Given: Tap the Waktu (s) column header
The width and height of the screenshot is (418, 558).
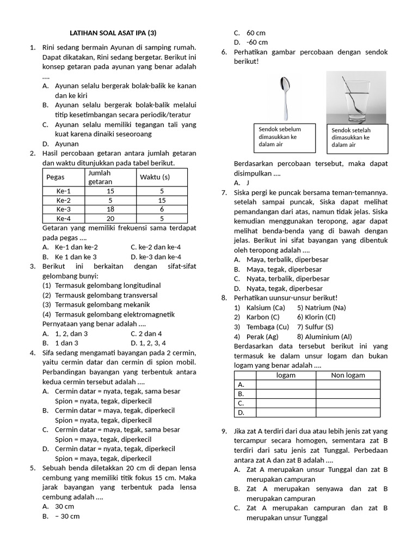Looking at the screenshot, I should point(155,177).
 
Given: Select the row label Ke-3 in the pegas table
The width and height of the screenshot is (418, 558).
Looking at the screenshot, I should point(63,209).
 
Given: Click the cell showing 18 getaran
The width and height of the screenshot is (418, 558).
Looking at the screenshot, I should point(110,209).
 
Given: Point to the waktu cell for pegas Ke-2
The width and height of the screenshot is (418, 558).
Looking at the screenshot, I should point(162,200).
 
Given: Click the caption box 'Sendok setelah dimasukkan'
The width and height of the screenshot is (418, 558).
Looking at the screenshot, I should point(358,138).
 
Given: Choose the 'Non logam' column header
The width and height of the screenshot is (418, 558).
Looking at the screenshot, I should point(348,375).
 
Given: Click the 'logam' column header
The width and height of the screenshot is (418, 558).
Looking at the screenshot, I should point(286,375).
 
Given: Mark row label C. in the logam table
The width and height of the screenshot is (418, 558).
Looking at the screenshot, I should point(241,403).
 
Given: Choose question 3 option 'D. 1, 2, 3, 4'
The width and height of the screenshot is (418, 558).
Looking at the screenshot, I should point(156,343).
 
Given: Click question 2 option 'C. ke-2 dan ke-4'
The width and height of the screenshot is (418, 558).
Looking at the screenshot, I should point(156,247).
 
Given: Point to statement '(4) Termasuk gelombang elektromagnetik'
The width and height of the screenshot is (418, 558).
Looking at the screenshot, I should point(109,314).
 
